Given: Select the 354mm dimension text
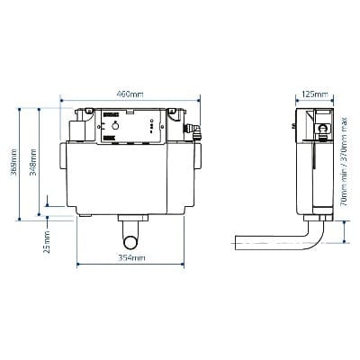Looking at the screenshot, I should pyautogui.click(x=131, y=258).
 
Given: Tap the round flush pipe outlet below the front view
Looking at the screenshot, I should pyautogui.click(x=131, y=240).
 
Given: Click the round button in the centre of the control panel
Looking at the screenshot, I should pyautogui.click(x=116, y=129).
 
